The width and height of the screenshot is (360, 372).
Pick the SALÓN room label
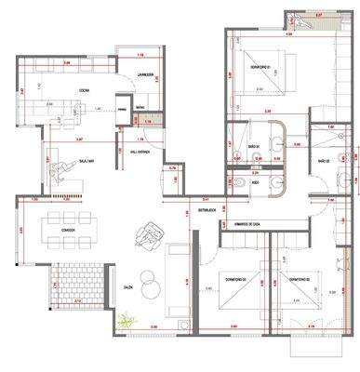[x=128, y=288]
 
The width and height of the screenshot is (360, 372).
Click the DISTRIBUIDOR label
[x=206, y=209]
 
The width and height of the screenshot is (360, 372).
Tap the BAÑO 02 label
[x=325, y=161]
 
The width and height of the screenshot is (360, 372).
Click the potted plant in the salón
[x=126, y=322]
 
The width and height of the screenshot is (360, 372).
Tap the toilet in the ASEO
[x=240, y=183]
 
